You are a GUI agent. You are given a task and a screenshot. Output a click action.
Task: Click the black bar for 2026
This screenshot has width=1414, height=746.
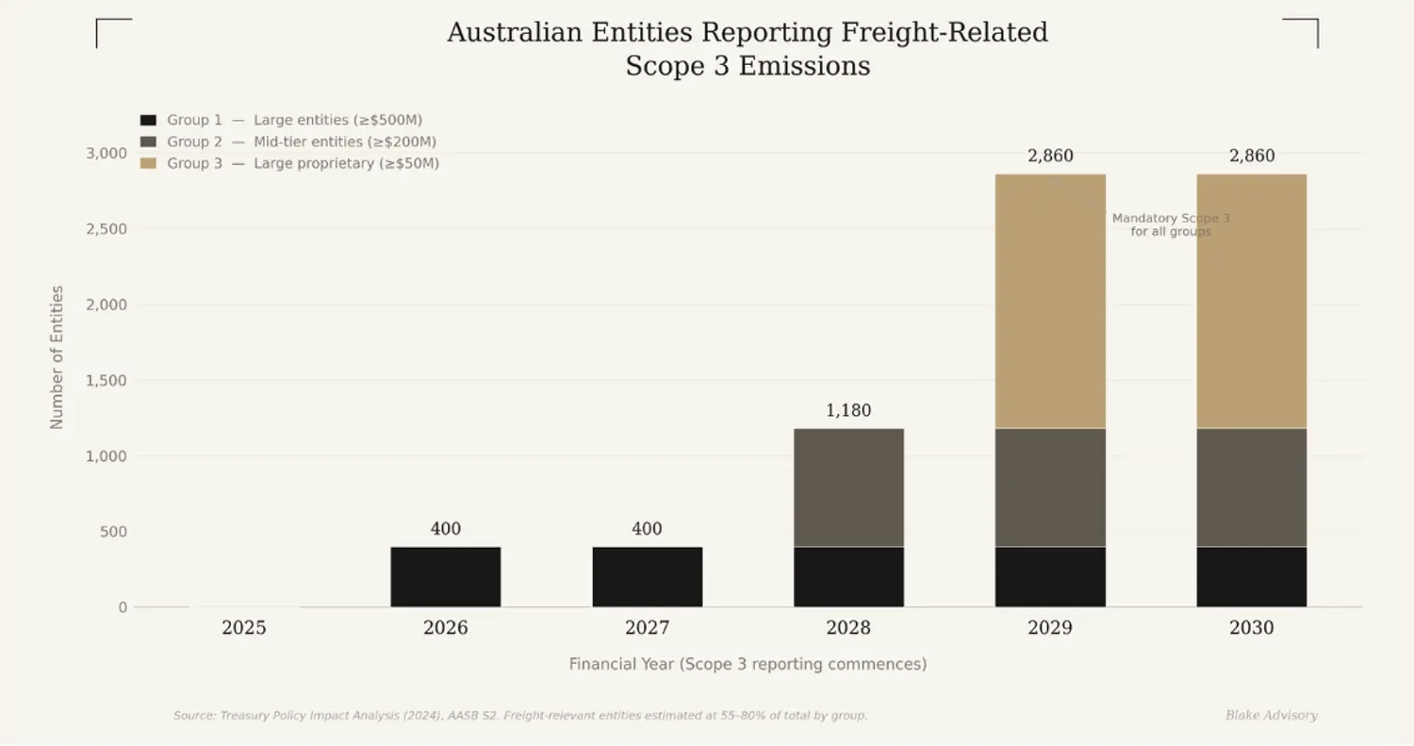[445, 576]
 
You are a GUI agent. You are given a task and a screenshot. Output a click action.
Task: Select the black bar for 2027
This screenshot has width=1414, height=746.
[647, 576]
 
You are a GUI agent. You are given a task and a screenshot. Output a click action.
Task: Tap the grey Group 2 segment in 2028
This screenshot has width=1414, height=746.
[848, 488]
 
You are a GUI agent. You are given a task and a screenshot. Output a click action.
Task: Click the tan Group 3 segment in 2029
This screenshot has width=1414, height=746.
[1050, 301]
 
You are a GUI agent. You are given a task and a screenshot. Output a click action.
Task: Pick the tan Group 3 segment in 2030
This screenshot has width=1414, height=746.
[1252, 301]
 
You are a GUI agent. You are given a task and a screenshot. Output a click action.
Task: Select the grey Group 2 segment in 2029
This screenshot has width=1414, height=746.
[1050, 488]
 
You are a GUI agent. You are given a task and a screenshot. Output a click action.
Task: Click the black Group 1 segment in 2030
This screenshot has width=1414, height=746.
[1252, 576]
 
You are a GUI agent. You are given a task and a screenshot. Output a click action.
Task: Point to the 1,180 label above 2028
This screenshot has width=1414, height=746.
[848, 411]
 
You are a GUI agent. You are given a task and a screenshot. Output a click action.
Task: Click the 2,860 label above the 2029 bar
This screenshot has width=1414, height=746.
[1050, 157]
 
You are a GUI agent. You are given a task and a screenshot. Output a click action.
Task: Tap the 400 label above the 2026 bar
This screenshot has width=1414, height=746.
[445, 529]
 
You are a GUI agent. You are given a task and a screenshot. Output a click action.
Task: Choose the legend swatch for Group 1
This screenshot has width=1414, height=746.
[148, 121]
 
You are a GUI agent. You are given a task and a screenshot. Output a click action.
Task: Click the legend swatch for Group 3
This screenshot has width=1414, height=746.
[148, 164]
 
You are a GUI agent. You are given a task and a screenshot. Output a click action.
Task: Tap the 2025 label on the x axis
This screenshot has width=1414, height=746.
[244, 628]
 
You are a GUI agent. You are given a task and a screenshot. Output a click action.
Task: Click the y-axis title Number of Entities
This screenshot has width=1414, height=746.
[58, 357]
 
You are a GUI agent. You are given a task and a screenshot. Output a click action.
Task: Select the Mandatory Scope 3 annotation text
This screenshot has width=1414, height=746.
[1171, 224]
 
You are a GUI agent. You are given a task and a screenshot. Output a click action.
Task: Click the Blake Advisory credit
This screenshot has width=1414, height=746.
[1271, 716]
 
